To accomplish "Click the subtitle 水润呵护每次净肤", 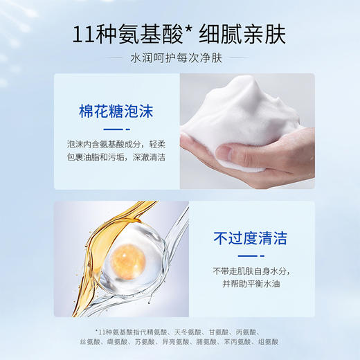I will (179, 60).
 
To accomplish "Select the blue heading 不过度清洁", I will (241, 240).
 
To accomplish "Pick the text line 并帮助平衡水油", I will (240, 285).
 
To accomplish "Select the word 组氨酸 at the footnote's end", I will (266, 343).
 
